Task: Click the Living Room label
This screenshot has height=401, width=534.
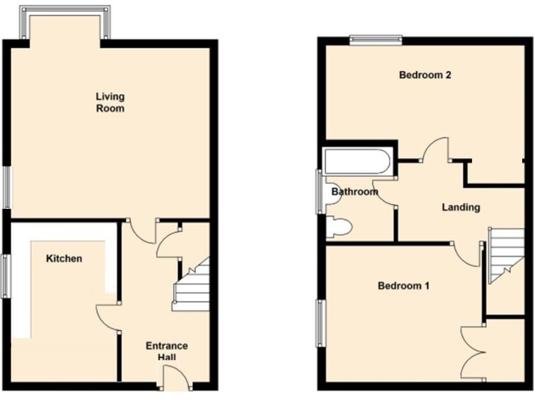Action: pos(110,102)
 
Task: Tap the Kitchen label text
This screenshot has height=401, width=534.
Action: pos(64,259)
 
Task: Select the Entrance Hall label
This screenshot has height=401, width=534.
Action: pos(166,352)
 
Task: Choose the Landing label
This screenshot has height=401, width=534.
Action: pos(461,207)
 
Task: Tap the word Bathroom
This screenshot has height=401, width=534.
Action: pos(354,192)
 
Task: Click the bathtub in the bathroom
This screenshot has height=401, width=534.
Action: pos(356,162)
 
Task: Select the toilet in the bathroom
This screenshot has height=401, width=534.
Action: pos(340,226)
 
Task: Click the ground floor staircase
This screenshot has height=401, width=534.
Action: pos(191,285)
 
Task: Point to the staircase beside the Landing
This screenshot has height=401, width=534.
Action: pos(505,254)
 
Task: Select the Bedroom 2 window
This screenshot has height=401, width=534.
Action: pos(376,39)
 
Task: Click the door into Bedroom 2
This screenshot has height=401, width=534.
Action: pos(437,150)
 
